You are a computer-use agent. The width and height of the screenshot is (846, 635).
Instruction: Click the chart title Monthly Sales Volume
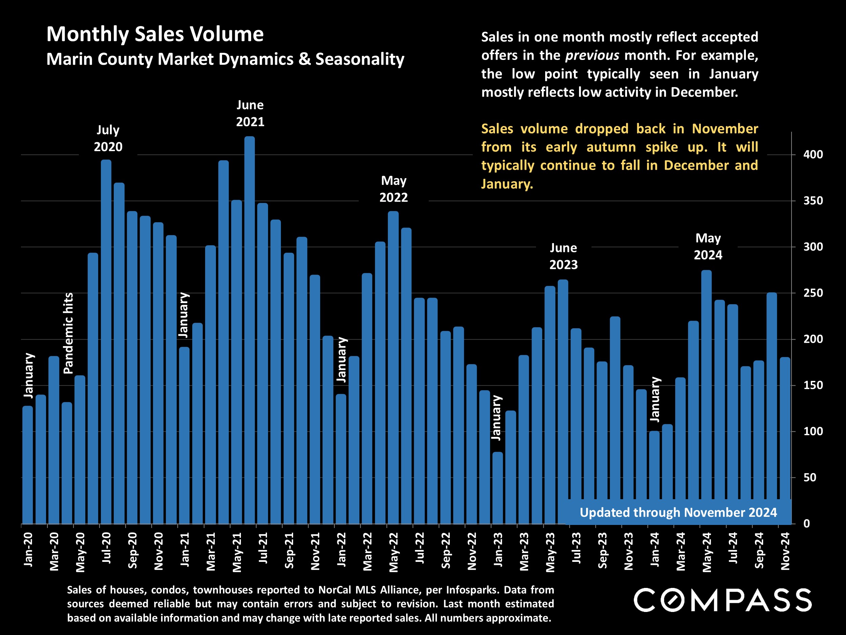[155, 34]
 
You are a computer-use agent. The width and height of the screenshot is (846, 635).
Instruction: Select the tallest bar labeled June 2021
[249, 329]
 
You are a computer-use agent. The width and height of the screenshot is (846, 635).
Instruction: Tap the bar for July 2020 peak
[106, 341]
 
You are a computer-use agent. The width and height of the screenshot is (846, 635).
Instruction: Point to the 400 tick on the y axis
[813, 155]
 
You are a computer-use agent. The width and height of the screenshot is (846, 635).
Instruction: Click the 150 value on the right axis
[813, 385]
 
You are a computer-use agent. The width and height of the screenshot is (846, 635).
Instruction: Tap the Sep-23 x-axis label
[602, 550]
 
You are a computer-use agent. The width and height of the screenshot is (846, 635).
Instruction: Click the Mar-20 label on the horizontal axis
[54, 551]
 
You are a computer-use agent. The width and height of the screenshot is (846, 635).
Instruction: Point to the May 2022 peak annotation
[394, 189]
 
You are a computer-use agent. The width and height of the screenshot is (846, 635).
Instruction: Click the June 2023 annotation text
[563, 256]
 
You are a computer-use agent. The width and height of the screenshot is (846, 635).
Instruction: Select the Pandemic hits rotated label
[68, 333]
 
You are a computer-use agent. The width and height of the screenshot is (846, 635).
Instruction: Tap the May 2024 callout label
[708, 247]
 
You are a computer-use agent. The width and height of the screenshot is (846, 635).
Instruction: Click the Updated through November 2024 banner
[678, 512]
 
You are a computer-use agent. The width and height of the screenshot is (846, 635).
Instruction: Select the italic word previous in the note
[592, 56]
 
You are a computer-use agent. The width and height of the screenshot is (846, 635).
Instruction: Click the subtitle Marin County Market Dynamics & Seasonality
[225, 59]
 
